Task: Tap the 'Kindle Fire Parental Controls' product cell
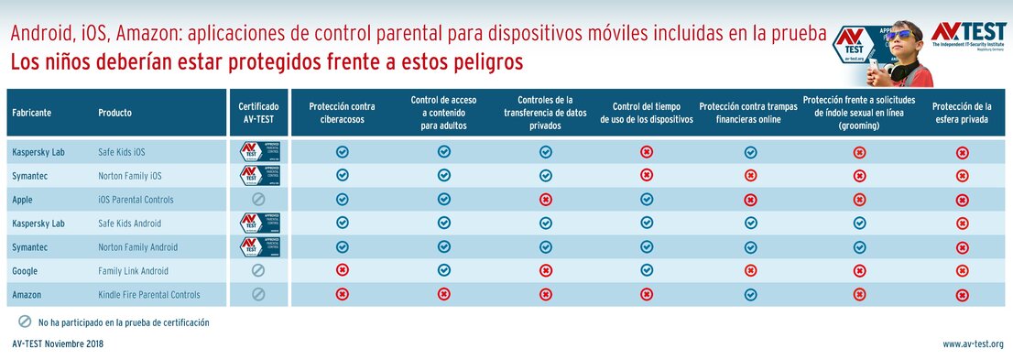149,294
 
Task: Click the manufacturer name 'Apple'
23,199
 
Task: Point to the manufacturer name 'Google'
26,270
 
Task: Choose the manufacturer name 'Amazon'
27,294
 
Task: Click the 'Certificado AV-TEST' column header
258,113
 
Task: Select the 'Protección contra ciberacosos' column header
342,113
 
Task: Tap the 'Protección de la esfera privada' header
962,113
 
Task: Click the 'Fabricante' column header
31,113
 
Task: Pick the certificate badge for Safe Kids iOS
258,151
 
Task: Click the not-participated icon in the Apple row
258,199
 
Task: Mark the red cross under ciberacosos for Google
342,270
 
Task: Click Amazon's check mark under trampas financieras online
750,294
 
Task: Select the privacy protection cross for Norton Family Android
962,246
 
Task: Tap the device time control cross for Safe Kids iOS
647,151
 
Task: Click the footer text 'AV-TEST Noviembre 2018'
58,344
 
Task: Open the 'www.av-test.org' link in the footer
973,344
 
